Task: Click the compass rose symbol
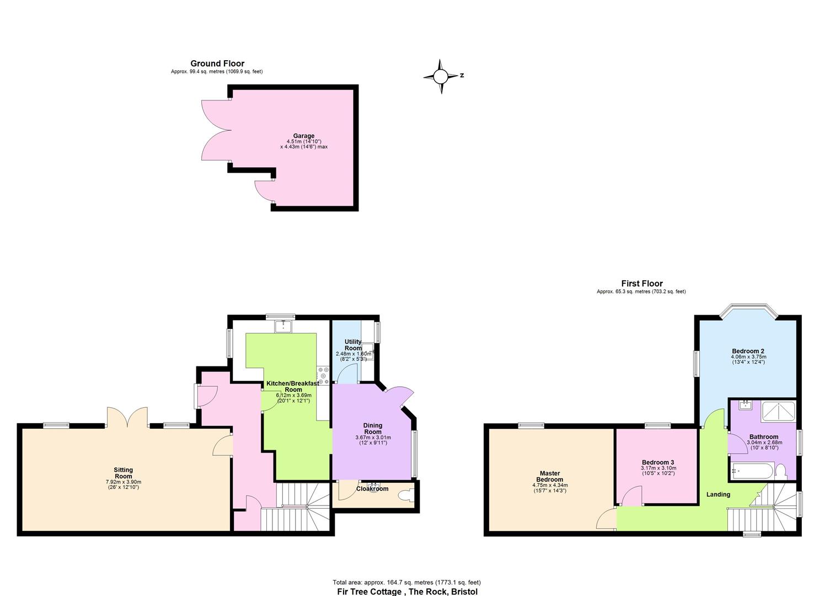click(441, 76)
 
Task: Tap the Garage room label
click(303, 136)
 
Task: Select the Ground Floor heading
click(217, 63)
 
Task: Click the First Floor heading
click(641, 284)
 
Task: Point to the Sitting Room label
click(123, 473)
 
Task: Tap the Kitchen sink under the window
click(285, 326)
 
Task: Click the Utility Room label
click(353, 345)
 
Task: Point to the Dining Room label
click(373, 428)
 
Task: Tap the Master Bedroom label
click(549, 476)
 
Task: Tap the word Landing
click(718, 494)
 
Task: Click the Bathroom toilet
click(780, 471)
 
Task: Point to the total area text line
click(406, 582)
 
